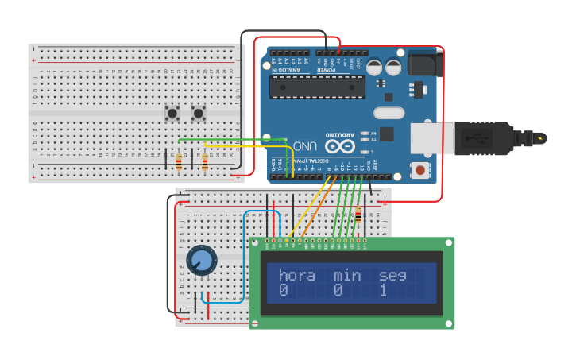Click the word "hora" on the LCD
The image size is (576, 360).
click(296, 276)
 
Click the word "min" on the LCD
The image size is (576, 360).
click(346, 276)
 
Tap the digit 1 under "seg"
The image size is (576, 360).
click(383, 291)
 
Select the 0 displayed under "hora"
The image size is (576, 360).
click(283, 291)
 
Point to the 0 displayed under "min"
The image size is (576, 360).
click(338, 291)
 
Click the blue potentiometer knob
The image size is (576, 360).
click(201, 260)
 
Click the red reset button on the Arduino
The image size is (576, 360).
click(418, 168)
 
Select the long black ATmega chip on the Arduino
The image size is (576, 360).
click(317, 87)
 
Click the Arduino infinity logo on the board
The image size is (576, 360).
click(338, 145)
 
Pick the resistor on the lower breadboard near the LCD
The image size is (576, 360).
click(358, 215)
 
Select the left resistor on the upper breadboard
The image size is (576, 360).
click(178, 162)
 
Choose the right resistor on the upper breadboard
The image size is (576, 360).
click(205, 162)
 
